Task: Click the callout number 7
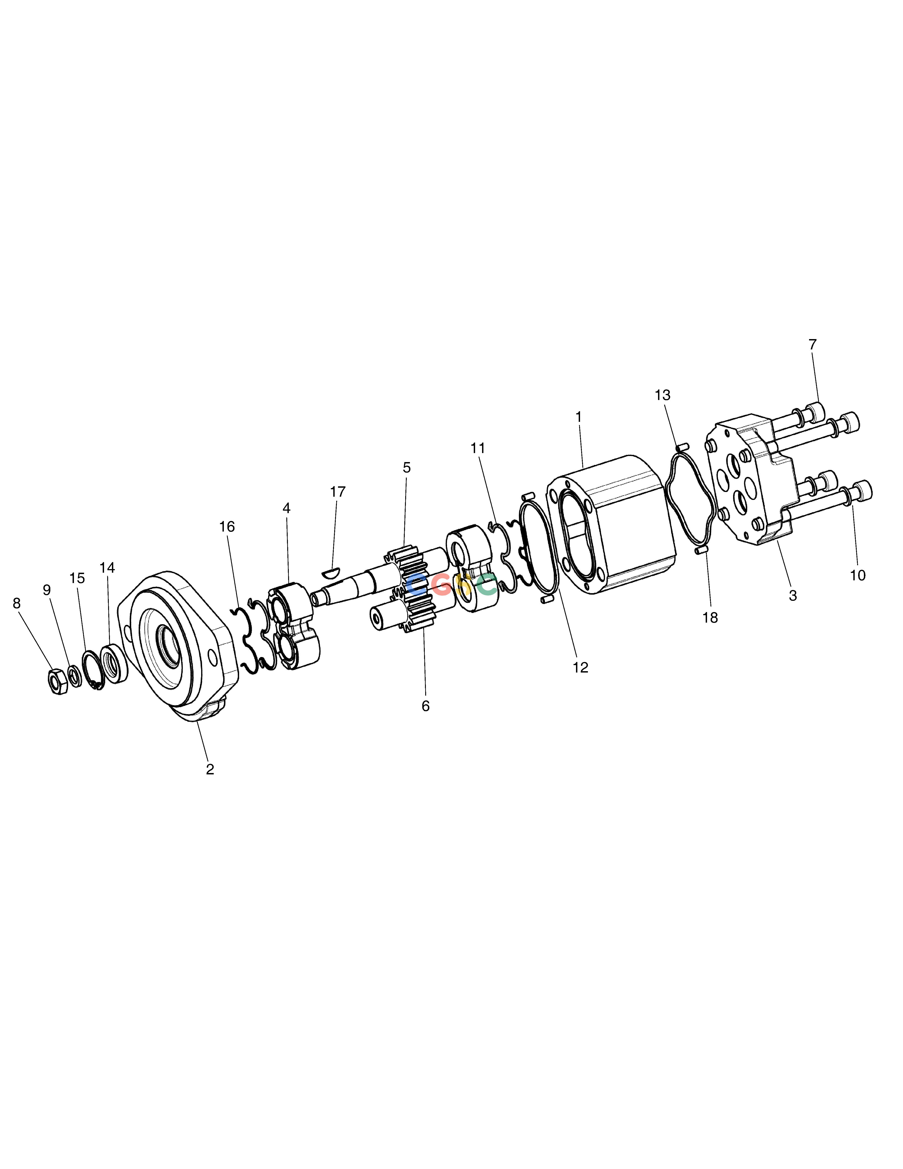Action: (x=813, y=345)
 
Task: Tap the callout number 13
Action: (x=662, y=395)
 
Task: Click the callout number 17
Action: (x=338, y=491)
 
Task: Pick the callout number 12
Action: (x=580, y=667)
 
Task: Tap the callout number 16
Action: (x=227, y=527)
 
